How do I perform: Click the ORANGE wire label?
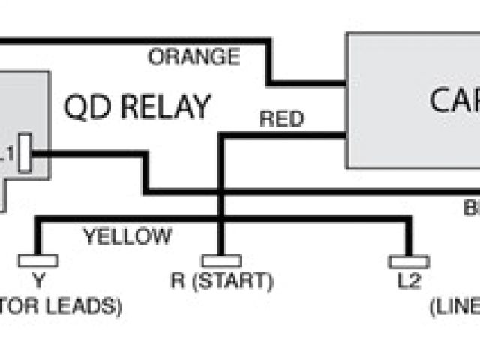pos(193,57)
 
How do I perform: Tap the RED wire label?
pos(281,119)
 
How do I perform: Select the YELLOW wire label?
pos(127,238)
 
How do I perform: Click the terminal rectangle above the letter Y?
pos(38,260)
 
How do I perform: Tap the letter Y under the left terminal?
pos(38,282)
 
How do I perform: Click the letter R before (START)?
pos(176,282)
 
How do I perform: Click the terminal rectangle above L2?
pos(409,261)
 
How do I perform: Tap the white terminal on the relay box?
pos(25,153)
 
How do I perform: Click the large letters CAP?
pos(454,100)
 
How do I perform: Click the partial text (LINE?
pos(454,307)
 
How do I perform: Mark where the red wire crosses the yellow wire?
pos(220,220)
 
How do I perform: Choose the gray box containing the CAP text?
pos(405,142)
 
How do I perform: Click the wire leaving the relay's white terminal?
pos(90,154)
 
